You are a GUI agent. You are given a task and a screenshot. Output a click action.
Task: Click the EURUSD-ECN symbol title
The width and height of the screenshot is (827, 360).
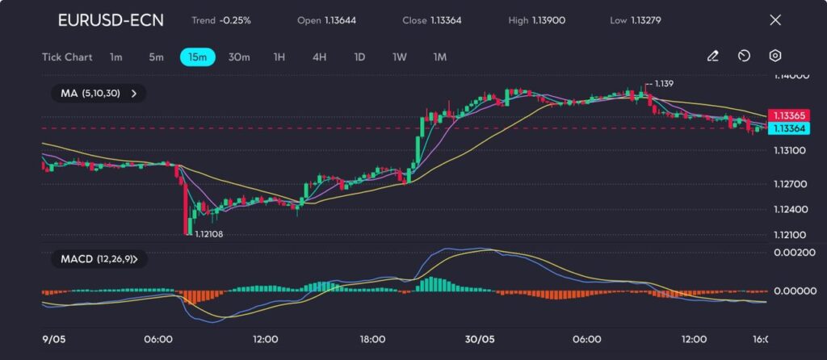[x=111, y=20]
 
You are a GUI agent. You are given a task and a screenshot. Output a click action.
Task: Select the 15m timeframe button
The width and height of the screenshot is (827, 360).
[x=197, y=57]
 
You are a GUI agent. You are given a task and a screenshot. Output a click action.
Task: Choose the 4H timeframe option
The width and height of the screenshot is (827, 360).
[x=319, y=57]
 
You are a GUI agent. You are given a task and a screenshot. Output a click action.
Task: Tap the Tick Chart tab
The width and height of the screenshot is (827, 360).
[x=67, y=57]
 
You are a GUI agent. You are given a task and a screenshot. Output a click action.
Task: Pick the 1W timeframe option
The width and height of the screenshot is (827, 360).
[x=399, y=57]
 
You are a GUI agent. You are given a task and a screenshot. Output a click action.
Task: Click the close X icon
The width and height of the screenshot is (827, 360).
[x=775, y=20]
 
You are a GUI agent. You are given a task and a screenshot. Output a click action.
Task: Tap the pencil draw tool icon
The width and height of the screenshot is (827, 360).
[x=712, y=57]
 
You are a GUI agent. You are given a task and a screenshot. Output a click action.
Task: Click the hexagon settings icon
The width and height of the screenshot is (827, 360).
[x=775, y=57]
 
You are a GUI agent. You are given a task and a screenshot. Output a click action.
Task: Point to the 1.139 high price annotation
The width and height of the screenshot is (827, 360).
[x=664, y=84]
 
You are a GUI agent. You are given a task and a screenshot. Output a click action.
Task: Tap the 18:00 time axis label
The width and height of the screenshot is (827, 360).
[x=372, y=339]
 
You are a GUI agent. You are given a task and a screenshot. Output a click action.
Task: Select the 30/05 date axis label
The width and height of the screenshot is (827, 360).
[x=480, y=339]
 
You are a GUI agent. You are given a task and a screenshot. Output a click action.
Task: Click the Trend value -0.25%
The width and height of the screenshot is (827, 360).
[x=235, y=20]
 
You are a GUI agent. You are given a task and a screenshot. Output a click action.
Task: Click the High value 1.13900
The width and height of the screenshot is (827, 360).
[x=548, y=20]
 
